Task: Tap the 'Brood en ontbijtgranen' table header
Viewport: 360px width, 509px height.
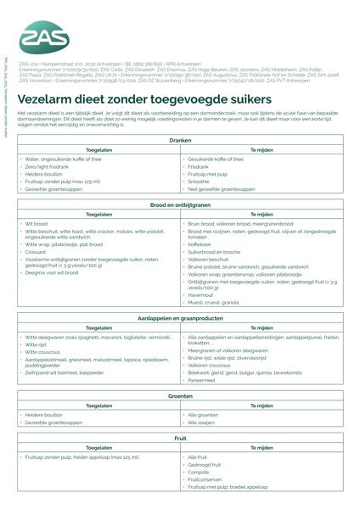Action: [180, 204]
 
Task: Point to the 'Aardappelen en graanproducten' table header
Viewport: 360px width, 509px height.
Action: [180, 316]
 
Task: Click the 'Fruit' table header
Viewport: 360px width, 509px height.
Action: [180, 438]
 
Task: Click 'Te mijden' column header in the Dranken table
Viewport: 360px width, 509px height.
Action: [262, 149]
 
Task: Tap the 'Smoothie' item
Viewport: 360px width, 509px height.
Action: [199, 182]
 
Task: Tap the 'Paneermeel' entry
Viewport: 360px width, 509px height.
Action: [204, 379]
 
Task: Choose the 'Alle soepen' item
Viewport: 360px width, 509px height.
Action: [203, 422]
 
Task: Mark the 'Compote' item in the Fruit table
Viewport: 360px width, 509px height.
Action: [200, 472]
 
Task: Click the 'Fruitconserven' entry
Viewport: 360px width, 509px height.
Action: [206, 479]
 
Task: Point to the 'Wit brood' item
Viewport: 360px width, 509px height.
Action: [37, 224]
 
